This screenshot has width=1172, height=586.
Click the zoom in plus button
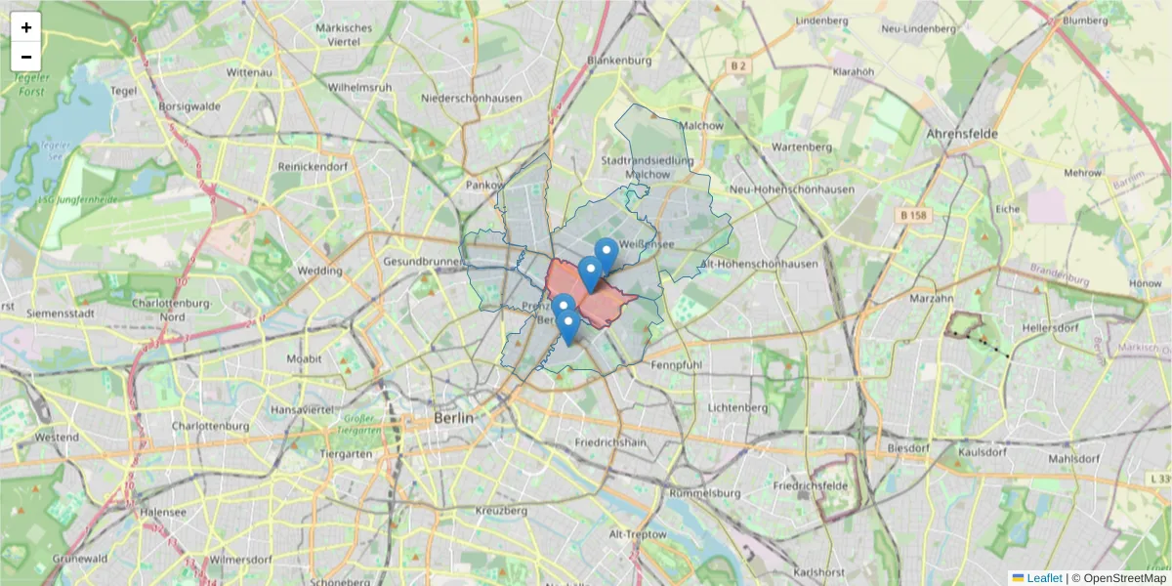[x=26, y=27]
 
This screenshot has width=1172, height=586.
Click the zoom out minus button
[x=26, y=57]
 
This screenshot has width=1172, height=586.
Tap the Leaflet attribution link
[x=1044, y=578]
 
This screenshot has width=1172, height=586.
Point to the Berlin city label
[x=453, y=418]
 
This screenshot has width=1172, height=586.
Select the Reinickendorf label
[x=313, y=167]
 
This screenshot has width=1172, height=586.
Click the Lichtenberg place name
[x=738, y=406]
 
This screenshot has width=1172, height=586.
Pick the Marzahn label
[x=930, y=297]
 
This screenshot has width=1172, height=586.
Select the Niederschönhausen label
[x=471, y=99]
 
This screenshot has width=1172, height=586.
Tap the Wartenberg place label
[x=801, y=146]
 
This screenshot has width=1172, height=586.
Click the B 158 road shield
[x=914, y=215]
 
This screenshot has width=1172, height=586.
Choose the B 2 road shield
[x=738, y=66]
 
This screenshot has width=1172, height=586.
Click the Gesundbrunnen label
[x=423, y=262]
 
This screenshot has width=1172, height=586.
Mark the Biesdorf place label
[x=907, y=447]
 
